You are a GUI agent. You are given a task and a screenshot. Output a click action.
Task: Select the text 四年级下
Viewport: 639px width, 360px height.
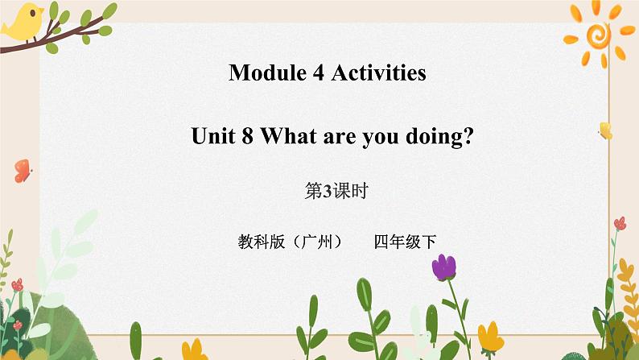[x=404, y=241]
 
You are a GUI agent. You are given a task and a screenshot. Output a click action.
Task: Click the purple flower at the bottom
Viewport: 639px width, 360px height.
[x=443, y=267]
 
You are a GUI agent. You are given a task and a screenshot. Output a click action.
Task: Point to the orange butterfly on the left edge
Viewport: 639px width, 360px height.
[x=22, y=170]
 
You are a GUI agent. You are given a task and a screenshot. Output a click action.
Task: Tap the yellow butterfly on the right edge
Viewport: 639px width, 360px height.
[x=604, y=130]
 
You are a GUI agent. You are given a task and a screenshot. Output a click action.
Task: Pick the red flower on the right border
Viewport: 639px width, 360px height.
[x=619, y=224]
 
